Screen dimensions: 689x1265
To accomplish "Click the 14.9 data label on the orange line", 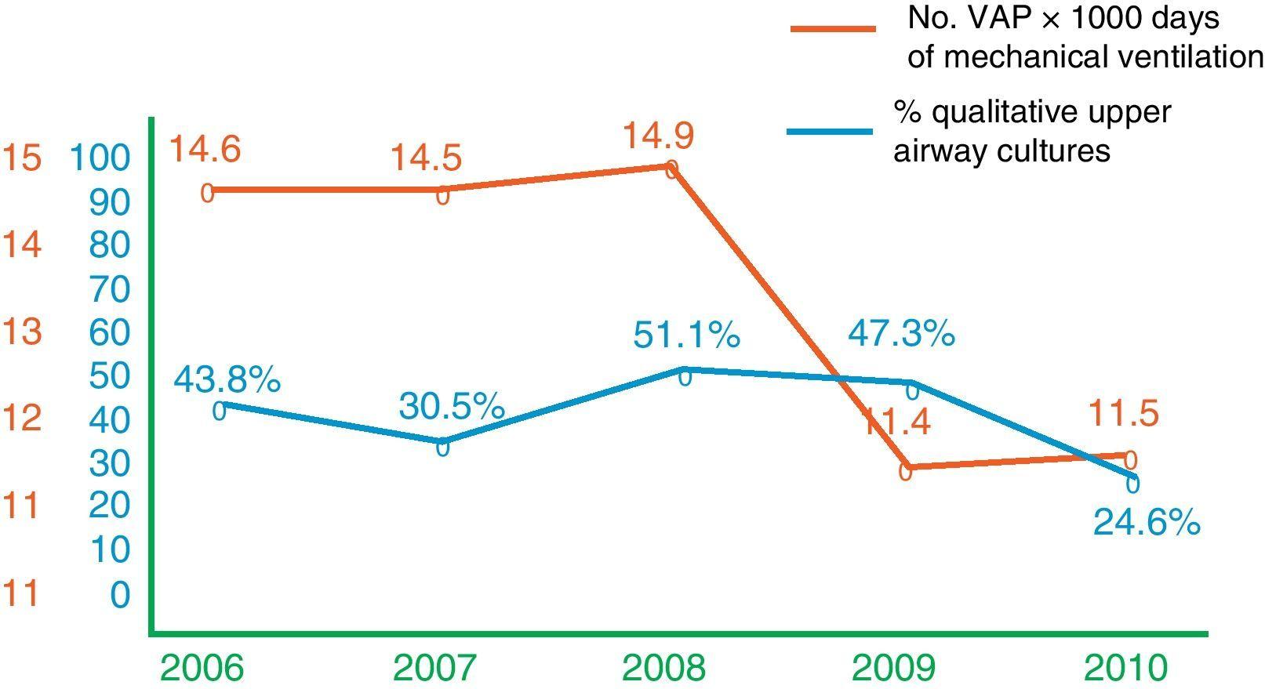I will pos(658,136).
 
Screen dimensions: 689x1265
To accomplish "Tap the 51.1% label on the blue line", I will pos(686,335).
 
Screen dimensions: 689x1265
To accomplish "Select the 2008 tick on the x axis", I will pos(663,669).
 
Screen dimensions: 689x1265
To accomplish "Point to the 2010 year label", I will pos(1125,669).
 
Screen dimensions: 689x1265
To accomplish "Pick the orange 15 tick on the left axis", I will pos(21,159).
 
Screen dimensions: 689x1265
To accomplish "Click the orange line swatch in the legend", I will pos(832,28).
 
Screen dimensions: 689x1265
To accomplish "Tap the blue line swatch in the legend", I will pos(830,131).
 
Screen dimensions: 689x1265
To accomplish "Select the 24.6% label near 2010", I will pos(1146,523).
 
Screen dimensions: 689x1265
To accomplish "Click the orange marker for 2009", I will pos(905,471).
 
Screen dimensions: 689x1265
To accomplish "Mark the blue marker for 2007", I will pos(442,448).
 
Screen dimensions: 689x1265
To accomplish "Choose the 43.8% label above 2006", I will pos(227,380).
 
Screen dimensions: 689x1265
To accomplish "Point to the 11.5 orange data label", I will pos(1123,414).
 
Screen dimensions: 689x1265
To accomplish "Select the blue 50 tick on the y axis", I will pos(110,376).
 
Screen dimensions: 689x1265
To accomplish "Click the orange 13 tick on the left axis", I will pos(21,332).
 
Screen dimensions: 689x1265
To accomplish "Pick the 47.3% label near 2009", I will pos(900,334).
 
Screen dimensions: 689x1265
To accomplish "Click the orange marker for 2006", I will pos(207,193).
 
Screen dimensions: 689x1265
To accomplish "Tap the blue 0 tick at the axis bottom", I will pos(120,595).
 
